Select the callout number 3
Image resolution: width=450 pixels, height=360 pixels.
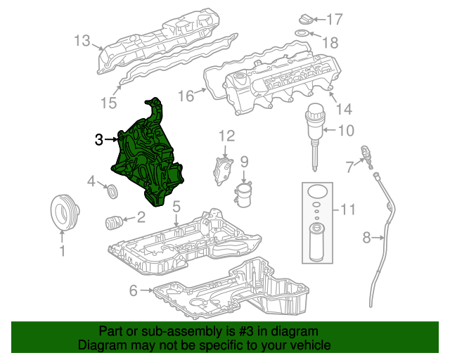pyautogui.click(x=100, y=140)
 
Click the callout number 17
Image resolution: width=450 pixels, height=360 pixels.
pyautogui.click(x=334, y=19)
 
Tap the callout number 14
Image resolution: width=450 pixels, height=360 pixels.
pyautogui.click(x=344, y=109)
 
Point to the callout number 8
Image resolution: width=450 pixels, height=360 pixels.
pyautogui.click(x=366, y=238)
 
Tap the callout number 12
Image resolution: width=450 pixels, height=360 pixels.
pyautogui.click(x=226, y=135)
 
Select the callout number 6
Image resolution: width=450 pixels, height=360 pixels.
pyautogui.click(x=134, y=290)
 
